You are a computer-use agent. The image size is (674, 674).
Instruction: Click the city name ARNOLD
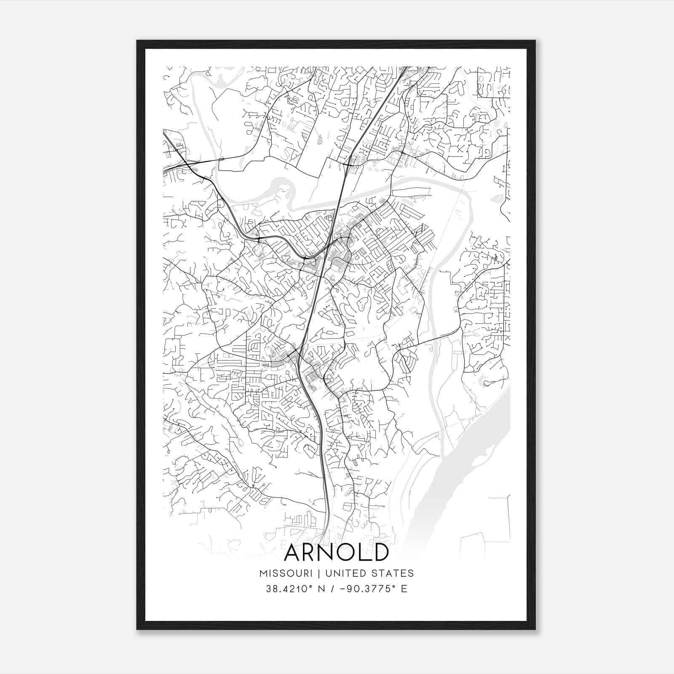(336, 552)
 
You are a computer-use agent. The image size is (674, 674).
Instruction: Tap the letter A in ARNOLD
(293, 552)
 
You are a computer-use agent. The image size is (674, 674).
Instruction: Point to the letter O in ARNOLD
(344, 552)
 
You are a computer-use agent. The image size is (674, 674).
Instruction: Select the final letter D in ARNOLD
(379, 552)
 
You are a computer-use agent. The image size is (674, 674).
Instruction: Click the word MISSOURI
(286, 573)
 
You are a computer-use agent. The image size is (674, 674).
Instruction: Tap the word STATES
(393, 573)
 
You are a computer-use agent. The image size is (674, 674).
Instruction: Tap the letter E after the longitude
(404, 589)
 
